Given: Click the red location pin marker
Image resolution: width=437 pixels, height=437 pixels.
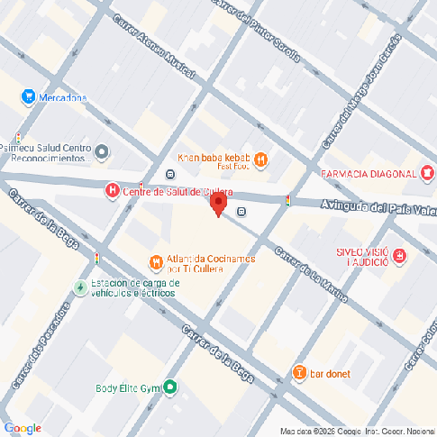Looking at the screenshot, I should point(216,204).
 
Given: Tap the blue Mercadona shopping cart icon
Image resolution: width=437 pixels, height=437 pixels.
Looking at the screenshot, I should point(29,96).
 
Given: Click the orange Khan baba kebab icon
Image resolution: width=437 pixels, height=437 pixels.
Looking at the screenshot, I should point(261,160).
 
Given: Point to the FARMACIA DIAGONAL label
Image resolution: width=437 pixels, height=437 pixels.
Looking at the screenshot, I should point(369,173).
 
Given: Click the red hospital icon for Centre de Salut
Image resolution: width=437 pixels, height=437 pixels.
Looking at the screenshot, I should point(112,190).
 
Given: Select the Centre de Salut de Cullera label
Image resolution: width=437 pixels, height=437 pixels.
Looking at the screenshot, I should point(178,192).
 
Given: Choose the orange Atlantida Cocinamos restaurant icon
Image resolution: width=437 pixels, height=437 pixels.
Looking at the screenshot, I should point(156,262).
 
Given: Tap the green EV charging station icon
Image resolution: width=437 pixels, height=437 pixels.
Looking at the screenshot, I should point(80,287).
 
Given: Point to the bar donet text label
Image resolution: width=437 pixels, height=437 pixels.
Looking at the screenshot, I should point(330,373).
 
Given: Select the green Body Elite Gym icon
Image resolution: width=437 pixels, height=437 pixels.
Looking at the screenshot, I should point(168,388).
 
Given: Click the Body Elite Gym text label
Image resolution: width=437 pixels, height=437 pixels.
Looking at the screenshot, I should point(127,389).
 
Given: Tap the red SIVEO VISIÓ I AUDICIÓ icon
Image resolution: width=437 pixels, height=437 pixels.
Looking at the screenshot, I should point(400,258).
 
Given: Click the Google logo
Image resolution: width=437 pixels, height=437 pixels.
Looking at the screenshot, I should point(23,427).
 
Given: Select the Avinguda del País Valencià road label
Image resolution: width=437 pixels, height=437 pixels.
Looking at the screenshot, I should point(378,209).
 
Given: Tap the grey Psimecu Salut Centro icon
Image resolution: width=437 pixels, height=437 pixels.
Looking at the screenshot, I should point(101,151).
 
